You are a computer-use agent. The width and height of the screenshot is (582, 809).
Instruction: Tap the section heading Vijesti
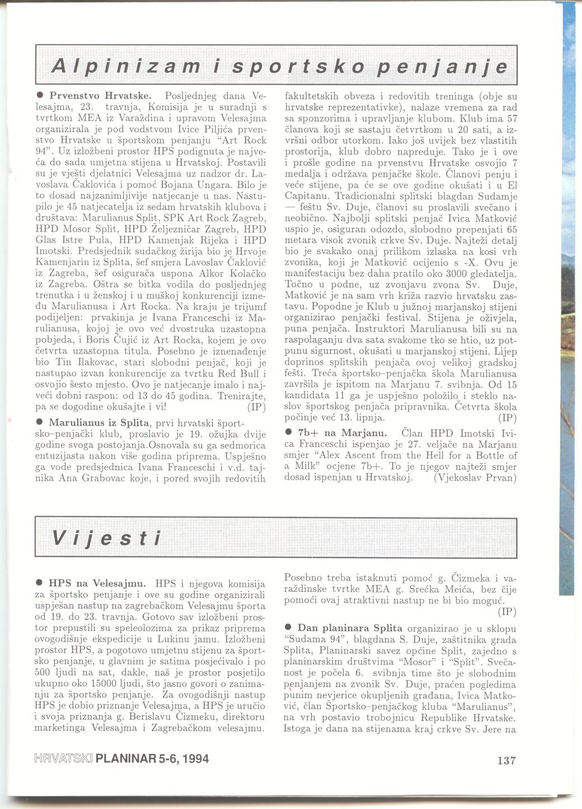click(x=107, y=538)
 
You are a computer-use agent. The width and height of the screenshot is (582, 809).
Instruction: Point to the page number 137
click(x=505, y=760)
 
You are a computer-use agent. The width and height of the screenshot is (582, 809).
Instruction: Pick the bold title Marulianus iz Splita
click(x=99, y=422)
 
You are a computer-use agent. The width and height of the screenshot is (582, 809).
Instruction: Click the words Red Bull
click(x=240, y=373)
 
